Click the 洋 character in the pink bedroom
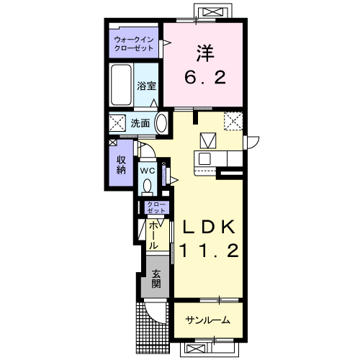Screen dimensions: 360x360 click(205, 53)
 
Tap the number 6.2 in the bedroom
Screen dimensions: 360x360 click(205, 77)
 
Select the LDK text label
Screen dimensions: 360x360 click(209, 227)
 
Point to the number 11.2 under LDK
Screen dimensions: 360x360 click(209, 250)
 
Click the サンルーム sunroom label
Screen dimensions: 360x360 click(208, 320)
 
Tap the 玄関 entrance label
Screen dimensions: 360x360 click(156, 279)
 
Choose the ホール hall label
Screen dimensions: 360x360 click(153, 235)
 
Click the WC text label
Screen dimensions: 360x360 click(148, 171)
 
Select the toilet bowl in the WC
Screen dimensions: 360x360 click(147, 186)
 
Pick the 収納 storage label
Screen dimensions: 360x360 click(121, 164)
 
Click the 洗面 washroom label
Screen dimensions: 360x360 click(140, 123)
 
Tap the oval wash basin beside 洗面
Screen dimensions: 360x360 click(162, 123)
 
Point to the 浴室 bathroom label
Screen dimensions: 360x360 click(147, 86)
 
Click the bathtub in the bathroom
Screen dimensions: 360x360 click(122, 84)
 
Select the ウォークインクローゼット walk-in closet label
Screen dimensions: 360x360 click(134, 43)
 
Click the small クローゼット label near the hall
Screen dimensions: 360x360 click(156, 207)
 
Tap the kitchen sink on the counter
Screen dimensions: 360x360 click(204, 158)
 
